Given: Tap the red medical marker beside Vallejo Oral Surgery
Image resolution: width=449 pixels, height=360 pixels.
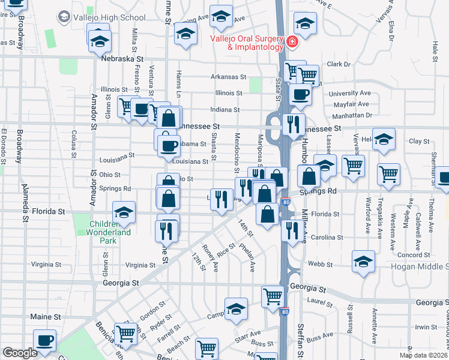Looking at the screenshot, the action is pos(292,42).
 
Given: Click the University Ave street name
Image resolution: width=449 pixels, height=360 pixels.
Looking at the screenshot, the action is pos(350,94).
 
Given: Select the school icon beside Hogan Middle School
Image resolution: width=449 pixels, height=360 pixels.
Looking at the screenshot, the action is pos(364,262).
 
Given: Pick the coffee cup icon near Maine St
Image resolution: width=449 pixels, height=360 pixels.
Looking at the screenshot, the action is pos(44,340).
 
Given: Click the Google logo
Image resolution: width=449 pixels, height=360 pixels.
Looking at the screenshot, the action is pos(20,352).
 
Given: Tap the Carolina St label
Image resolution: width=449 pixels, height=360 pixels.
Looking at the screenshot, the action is pos(327,237).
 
